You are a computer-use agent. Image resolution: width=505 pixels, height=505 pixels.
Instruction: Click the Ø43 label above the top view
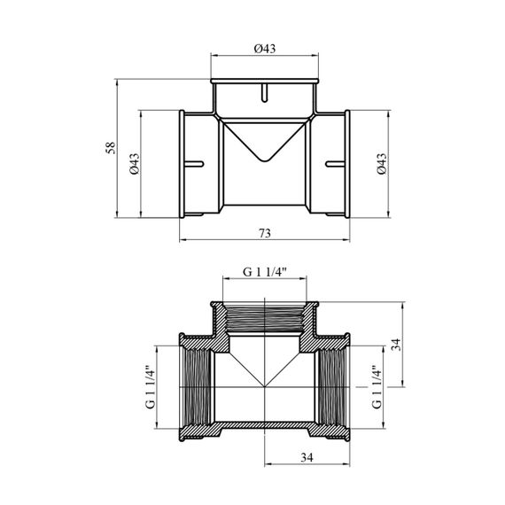265,49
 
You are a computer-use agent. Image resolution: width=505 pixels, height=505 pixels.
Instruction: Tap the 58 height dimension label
111,148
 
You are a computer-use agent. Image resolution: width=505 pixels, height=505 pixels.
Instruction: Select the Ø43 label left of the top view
135,164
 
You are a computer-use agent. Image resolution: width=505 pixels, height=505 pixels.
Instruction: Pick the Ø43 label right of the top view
381,164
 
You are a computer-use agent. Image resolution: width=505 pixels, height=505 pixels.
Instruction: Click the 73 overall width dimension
265,233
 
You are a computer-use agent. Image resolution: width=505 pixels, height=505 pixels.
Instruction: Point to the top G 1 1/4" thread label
265,273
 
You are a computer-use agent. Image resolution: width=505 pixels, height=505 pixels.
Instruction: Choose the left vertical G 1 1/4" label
151,387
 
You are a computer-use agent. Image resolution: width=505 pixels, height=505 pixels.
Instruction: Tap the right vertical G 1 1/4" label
377,387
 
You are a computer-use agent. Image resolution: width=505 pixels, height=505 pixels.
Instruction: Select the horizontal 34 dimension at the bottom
307,457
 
